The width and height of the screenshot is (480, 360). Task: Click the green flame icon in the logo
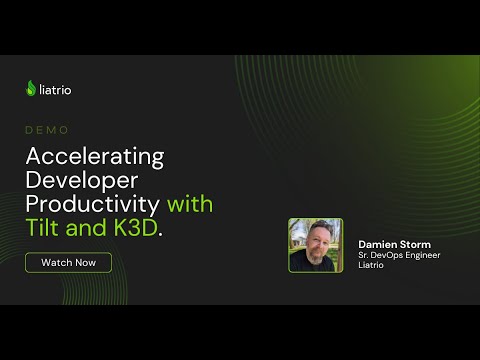pos(31,88)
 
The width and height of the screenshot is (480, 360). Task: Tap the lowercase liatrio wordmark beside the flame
pos(56,89)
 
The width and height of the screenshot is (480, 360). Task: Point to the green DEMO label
pos(47,130)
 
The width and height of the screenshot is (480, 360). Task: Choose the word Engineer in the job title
pos(424,255)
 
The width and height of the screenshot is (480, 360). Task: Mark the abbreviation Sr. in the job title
pos(365,255)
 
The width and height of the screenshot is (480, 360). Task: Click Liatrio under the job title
pos(372,266)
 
